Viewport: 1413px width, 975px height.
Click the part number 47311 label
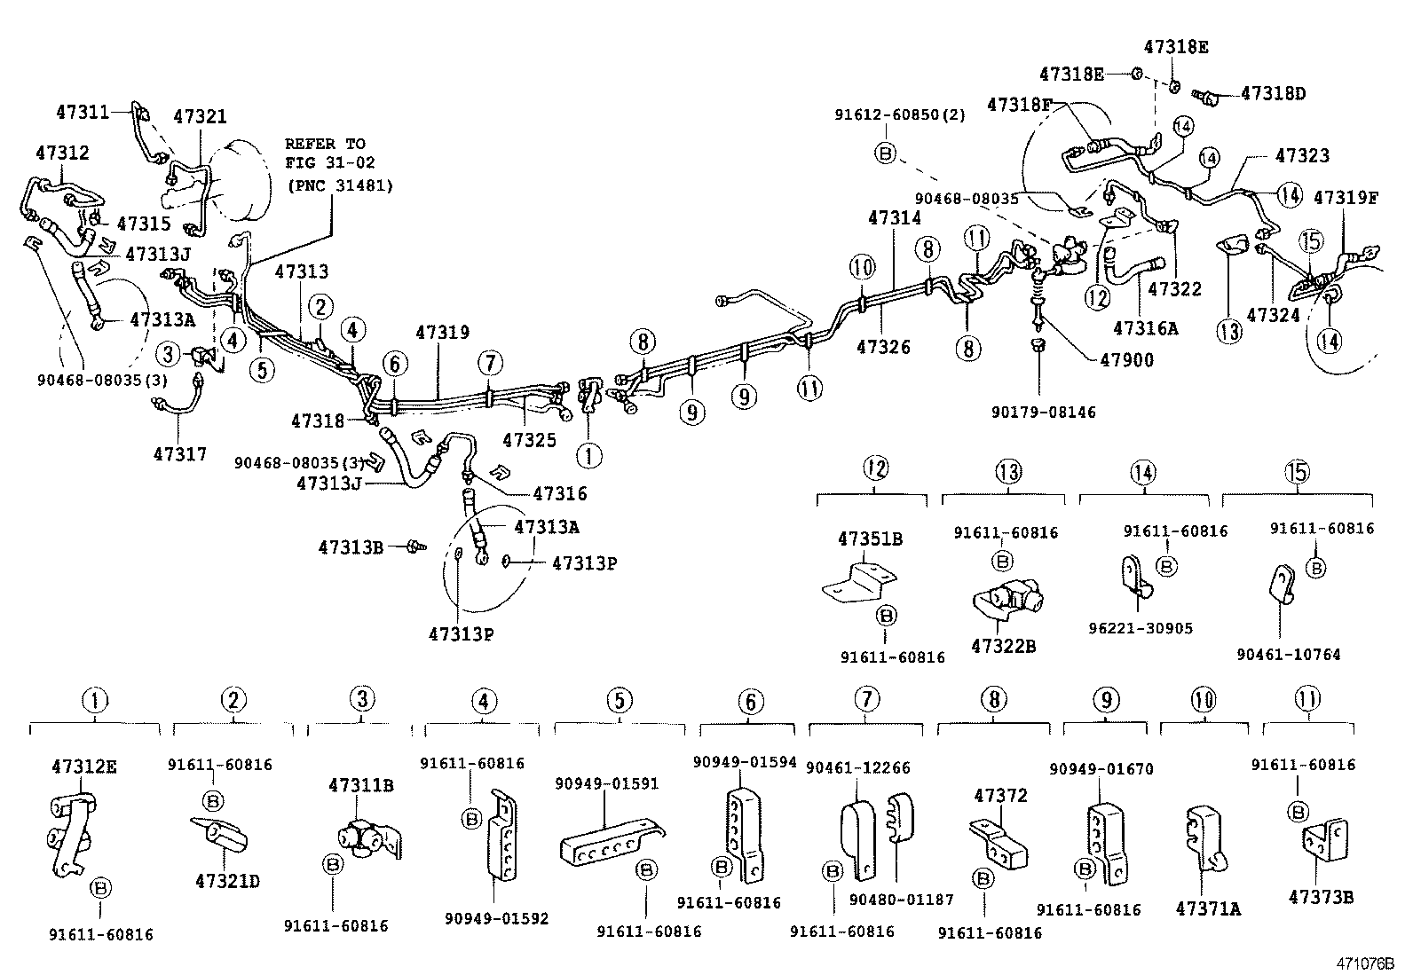pyautogui.click(x=83, y=113)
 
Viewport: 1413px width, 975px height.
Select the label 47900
pyautogui.click(x=1126, y=361)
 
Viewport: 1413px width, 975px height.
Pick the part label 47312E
pyautogui.click(x=83, y=767)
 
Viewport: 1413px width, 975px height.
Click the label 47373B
pyautogui.click(x=1320, y=897)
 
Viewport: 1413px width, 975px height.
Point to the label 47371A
pyautogui.click(x=1208, y=908)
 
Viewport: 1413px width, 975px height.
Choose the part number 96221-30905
pyautogui.click(x=1141, y=629)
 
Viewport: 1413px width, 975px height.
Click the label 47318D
pyautogui.click(x=1274, y=93)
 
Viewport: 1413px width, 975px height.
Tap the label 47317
pyautogui.click(x=180, y=454)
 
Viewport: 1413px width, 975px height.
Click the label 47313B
pyautogui.click(x=351, y=548)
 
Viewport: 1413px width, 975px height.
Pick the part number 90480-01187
pyautogui.click(x=901, y=900)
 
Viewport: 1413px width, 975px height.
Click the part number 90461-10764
pyautogui.click(x=1288, y=655)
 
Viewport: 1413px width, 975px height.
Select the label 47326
pyautogui.click(x=882, y=347)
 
